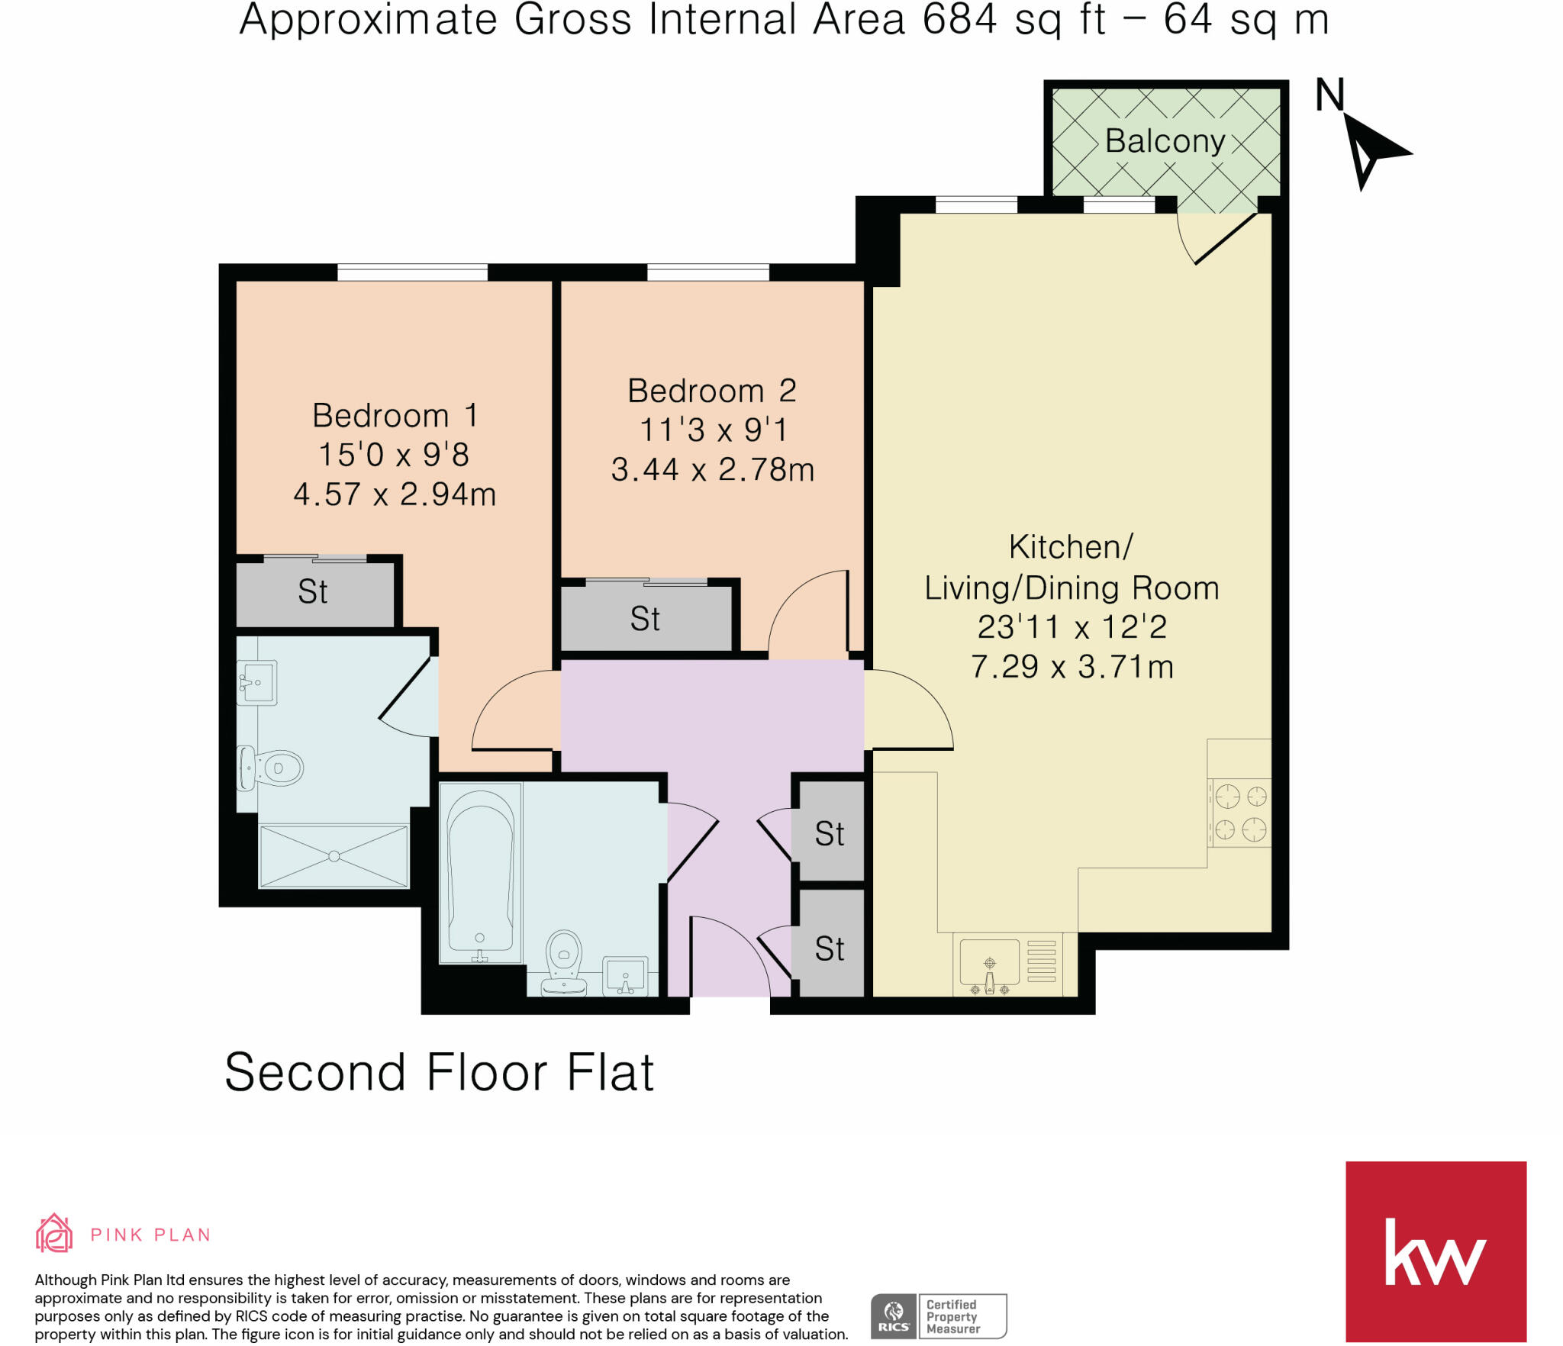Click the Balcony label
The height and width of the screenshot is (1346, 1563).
click(1165, 141)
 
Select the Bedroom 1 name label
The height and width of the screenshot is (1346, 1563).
click(395, 416)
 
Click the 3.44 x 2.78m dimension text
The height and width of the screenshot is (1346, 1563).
click(713, 469)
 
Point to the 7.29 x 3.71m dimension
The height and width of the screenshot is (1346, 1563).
click(1072, 667)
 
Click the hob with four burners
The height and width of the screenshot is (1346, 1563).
click(1240, 813)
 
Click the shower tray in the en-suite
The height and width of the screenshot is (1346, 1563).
click(334, 856)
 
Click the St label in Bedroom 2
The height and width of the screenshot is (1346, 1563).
click(645, 619)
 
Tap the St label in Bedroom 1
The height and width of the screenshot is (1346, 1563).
click(313, 591)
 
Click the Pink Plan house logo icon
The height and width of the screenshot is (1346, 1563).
click(54, 1233)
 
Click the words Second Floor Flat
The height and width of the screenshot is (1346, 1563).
click(439, 1072)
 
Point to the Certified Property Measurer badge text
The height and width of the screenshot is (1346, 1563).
click(952, 1316)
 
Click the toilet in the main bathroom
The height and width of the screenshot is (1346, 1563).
click(564, 963)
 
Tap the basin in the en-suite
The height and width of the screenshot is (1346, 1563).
click(257, 682)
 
